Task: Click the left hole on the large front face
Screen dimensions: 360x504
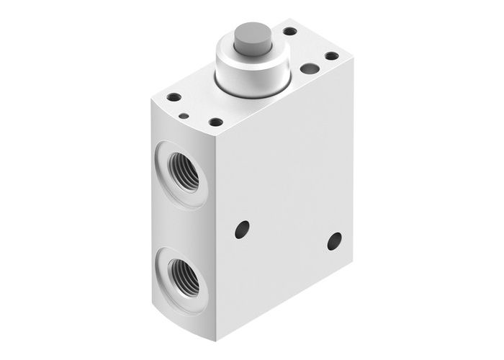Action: point(242,230)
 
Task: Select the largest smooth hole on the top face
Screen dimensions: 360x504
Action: point(310,68)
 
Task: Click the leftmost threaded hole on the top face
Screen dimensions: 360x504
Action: point(174,97)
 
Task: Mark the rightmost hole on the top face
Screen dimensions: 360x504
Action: point(332,55)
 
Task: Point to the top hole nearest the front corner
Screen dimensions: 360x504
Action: point(215,122)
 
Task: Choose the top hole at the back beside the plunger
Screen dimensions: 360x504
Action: point(289,31)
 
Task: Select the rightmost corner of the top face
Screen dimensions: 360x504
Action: point(353,58)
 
